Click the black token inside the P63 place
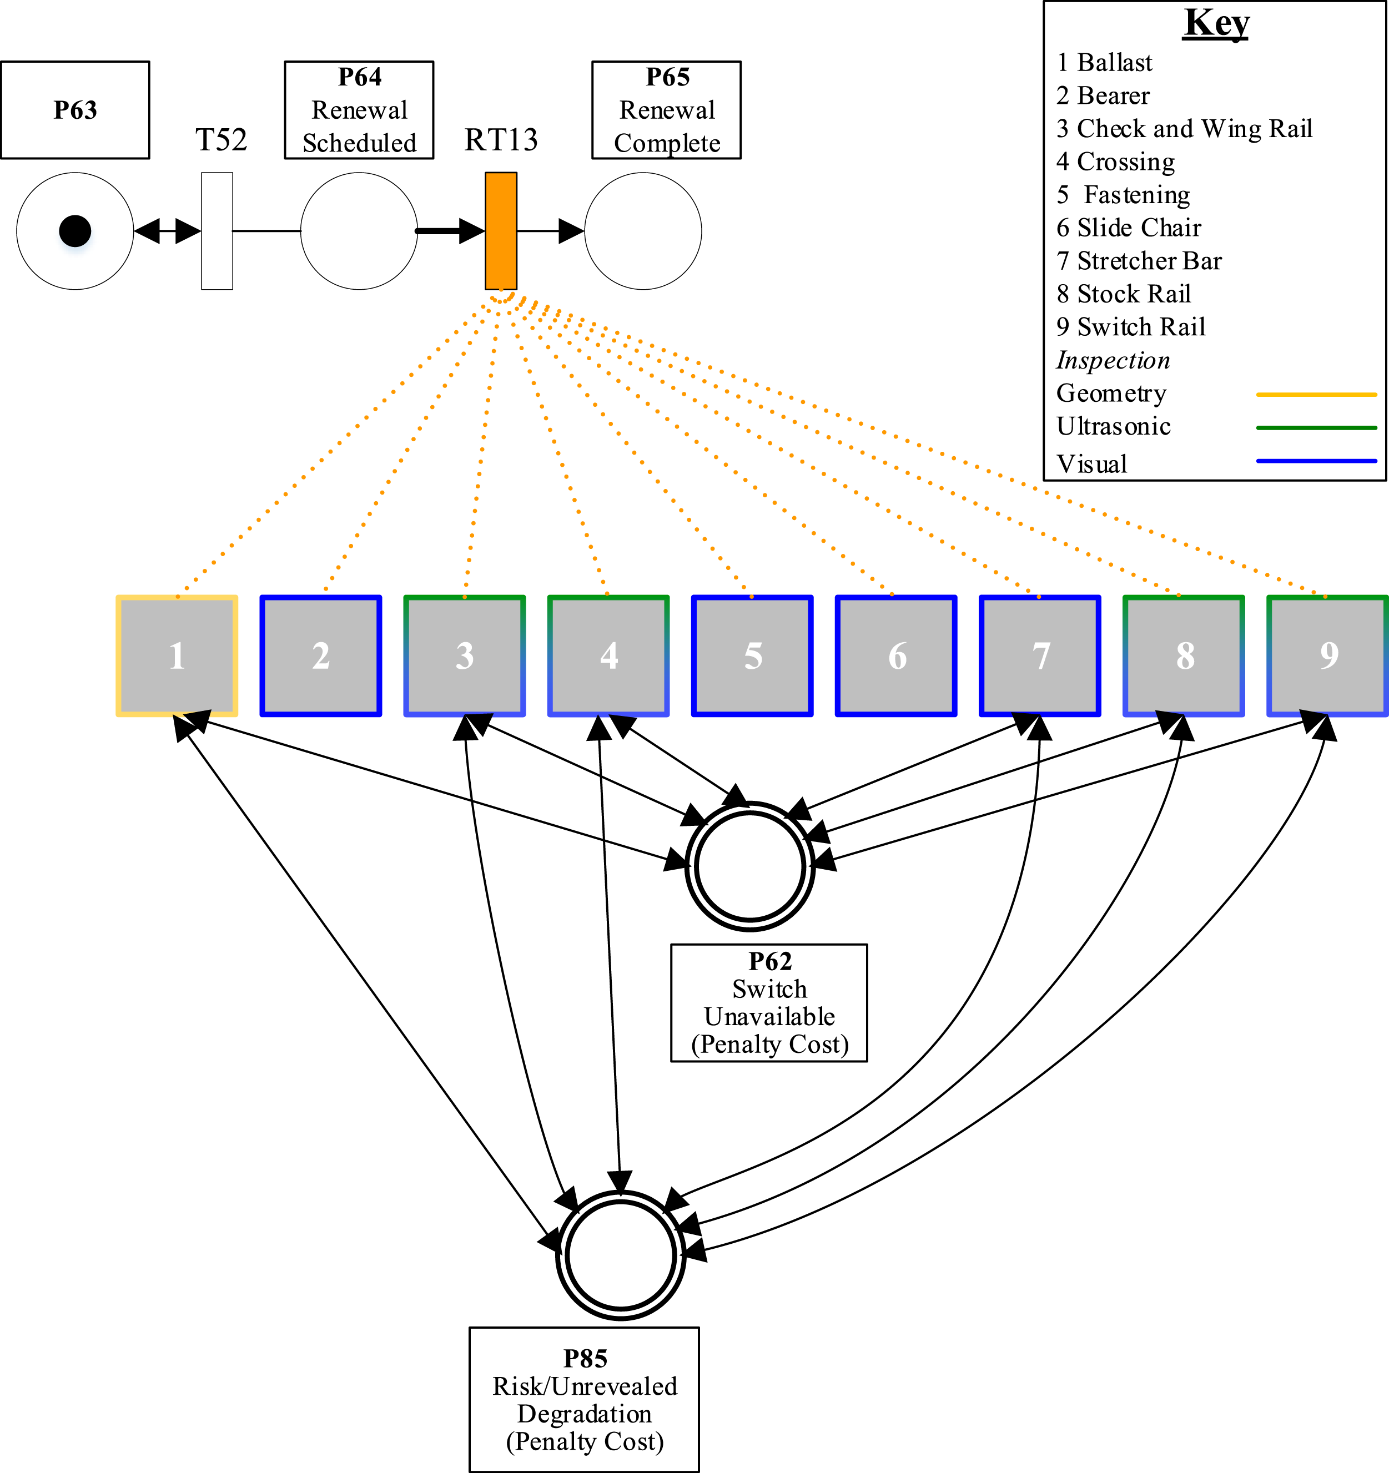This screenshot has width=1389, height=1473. [x=75, y=231]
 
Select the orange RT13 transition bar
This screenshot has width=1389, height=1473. [x=501, y=231]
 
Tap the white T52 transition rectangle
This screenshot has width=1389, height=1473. [x=217, y=231]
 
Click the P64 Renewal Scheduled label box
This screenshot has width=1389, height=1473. [x=360, y=110]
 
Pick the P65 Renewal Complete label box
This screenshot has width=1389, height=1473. [x=666, y=110]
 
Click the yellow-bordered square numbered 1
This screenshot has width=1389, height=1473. [x=177, y=655]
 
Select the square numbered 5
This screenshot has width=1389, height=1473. [x=752, y=655]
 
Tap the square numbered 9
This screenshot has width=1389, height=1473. [x=1327, y=655]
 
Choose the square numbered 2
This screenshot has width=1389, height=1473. [x=321, y=655]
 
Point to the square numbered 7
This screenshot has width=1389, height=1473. [x=1040, y=655]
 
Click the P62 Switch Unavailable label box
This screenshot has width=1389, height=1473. [x=769, y=1002]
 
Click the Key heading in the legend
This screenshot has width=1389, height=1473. [x=1216, y=24]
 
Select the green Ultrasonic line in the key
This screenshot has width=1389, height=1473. [x=1316, y=427]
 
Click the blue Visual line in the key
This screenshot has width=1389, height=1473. [x=1316, y=461]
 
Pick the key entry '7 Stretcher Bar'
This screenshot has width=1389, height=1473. [x=1139, y=261]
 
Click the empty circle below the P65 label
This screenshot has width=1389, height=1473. [x=643, y=231]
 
